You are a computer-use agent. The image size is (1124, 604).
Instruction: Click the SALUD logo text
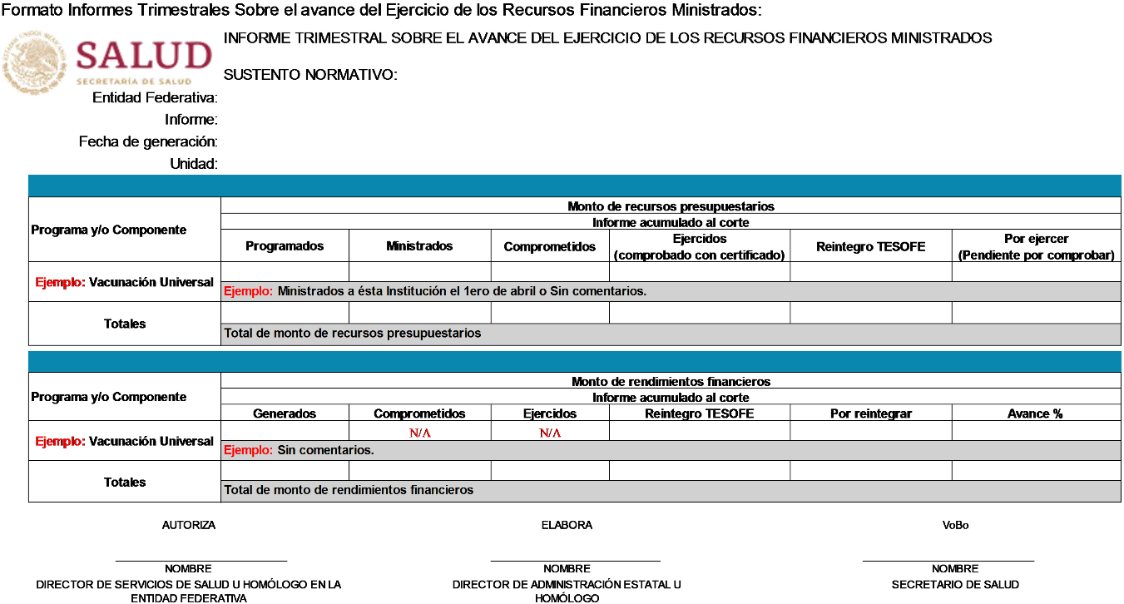[x=143, y=57]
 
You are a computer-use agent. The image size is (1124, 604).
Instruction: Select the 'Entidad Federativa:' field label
[x=155, y=98]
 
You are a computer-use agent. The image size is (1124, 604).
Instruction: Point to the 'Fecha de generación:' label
[x=148, y=142]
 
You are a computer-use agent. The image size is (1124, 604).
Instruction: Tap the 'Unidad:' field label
[x=193, y=164]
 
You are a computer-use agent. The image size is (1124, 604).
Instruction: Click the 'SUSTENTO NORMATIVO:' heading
[x=310, y=75]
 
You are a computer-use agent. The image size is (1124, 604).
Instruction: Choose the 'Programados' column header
[x=285, y=246]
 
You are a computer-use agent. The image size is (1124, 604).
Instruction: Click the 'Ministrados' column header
[x=419, y=246]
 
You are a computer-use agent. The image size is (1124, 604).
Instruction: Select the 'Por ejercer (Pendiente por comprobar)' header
[x=1036, y=247]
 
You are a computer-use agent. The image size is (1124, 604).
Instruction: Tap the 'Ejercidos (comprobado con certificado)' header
[x=699, y=247]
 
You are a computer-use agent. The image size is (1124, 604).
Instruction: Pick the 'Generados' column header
[x=285, y=413]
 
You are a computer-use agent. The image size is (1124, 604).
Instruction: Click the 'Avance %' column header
[x=1035, y=413]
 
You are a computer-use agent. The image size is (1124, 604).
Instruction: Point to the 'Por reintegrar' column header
[x=870, y=413]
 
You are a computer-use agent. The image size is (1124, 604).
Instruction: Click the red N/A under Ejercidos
[x=550, y=433]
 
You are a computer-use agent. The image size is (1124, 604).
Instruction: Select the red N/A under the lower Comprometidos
[x=419, y=433]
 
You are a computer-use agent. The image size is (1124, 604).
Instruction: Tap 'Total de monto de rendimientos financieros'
[x=349, y=490]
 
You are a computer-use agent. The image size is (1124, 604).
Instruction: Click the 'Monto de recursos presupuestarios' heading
[x=671, y=206]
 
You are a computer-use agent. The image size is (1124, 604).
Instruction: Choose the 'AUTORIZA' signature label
[x=189, y=525]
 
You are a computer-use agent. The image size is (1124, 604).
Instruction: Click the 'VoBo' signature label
[x=955, y=525]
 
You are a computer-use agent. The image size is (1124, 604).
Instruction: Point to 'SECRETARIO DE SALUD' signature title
[x=955, y=585]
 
